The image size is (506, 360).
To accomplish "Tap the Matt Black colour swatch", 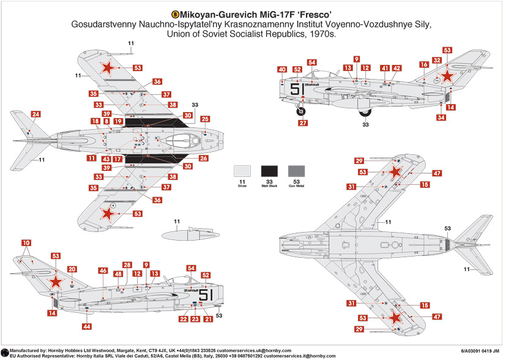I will click(270, 171).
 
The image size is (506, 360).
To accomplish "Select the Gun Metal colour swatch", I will click(296, 171).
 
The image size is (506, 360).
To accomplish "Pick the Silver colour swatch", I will click(242, 171).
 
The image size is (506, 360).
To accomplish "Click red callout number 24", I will click(36, 114).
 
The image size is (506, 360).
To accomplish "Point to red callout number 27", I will click(303, 123).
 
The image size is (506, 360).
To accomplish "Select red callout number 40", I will click(281, 69).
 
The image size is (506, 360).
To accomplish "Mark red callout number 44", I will click(88, 327).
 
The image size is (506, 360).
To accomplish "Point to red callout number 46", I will click(103, 271).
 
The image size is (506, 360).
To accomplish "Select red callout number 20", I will click(72, 269).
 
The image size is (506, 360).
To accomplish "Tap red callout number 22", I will click(184, 319).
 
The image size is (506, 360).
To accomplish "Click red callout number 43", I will click(106, 159).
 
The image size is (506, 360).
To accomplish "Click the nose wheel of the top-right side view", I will click(301, 111).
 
